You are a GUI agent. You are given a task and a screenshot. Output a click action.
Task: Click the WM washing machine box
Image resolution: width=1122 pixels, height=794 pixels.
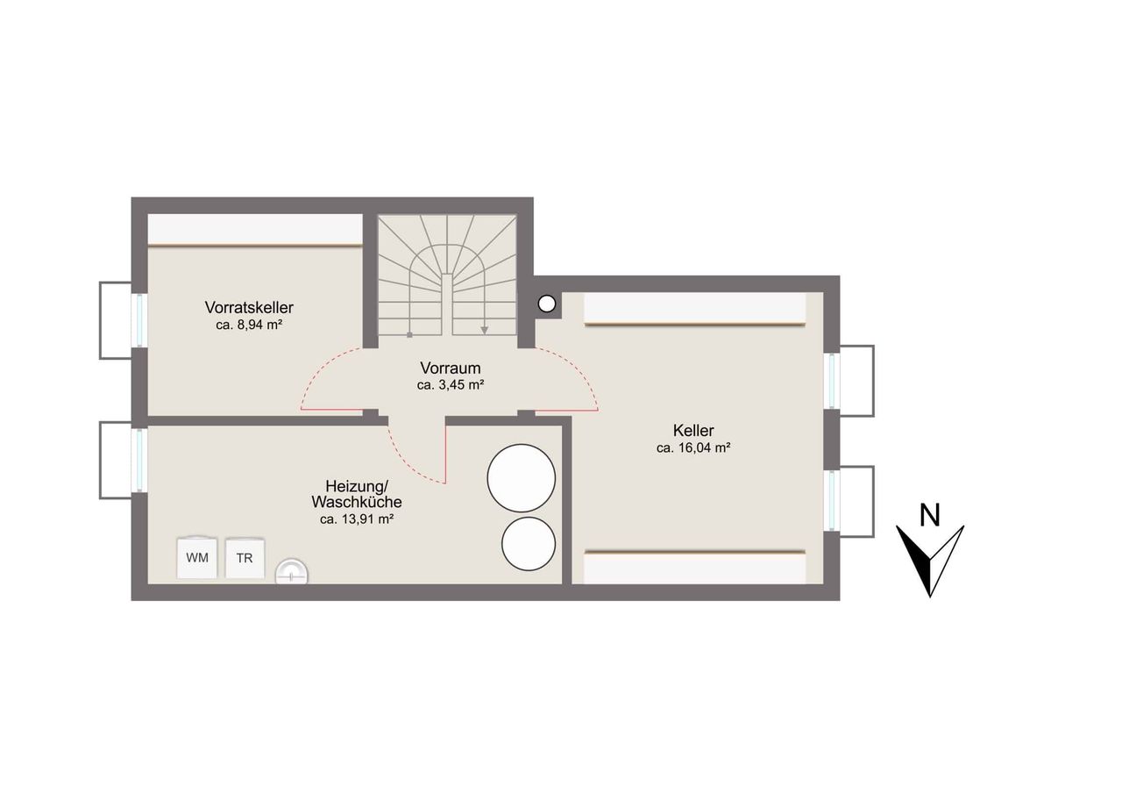197,558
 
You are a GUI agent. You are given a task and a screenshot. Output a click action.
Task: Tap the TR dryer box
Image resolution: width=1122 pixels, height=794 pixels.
245,558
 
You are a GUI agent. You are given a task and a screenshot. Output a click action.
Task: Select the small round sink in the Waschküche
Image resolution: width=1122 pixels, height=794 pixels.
292,572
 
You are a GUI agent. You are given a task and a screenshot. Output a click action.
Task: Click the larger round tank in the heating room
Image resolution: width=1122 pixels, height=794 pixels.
522,477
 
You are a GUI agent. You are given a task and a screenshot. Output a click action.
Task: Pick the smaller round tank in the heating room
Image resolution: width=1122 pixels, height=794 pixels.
529,544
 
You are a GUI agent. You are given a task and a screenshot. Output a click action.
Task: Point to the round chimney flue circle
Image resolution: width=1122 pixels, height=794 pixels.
546,304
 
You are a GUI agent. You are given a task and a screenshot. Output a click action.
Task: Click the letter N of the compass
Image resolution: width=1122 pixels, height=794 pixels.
930,515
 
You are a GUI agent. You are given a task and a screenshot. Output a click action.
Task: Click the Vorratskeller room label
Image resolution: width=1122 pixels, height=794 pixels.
249,307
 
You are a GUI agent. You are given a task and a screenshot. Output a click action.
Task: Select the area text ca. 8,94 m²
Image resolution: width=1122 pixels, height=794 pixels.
249,325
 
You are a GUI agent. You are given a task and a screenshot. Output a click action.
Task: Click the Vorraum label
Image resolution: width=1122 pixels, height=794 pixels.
451,368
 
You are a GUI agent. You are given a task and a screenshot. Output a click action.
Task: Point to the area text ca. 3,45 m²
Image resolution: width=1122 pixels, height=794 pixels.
451,385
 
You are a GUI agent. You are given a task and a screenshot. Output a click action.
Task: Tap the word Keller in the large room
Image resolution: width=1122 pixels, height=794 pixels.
693,430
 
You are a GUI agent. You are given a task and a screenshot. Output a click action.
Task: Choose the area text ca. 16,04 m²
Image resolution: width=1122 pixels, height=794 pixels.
693,448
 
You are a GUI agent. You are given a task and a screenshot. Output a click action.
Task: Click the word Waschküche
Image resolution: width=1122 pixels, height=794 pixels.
357,502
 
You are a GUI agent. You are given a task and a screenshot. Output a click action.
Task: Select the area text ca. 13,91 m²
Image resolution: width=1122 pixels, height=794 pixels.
357,519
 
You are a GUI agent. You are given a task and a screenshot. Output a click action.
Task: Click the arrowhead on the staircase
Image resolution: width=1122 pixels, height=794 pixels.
485,331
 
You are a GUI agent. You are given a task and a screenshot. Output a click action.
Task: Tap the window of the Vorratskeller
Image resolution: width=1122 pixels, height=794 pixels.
139,320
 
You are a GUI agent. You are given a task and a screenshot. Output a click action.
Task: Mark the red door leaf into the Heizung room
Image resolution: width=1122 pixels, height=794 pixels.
444,449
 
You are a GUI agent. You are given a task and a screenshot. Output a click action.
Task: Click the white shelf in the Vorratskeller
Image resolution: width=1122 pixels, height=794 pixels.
255,230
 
